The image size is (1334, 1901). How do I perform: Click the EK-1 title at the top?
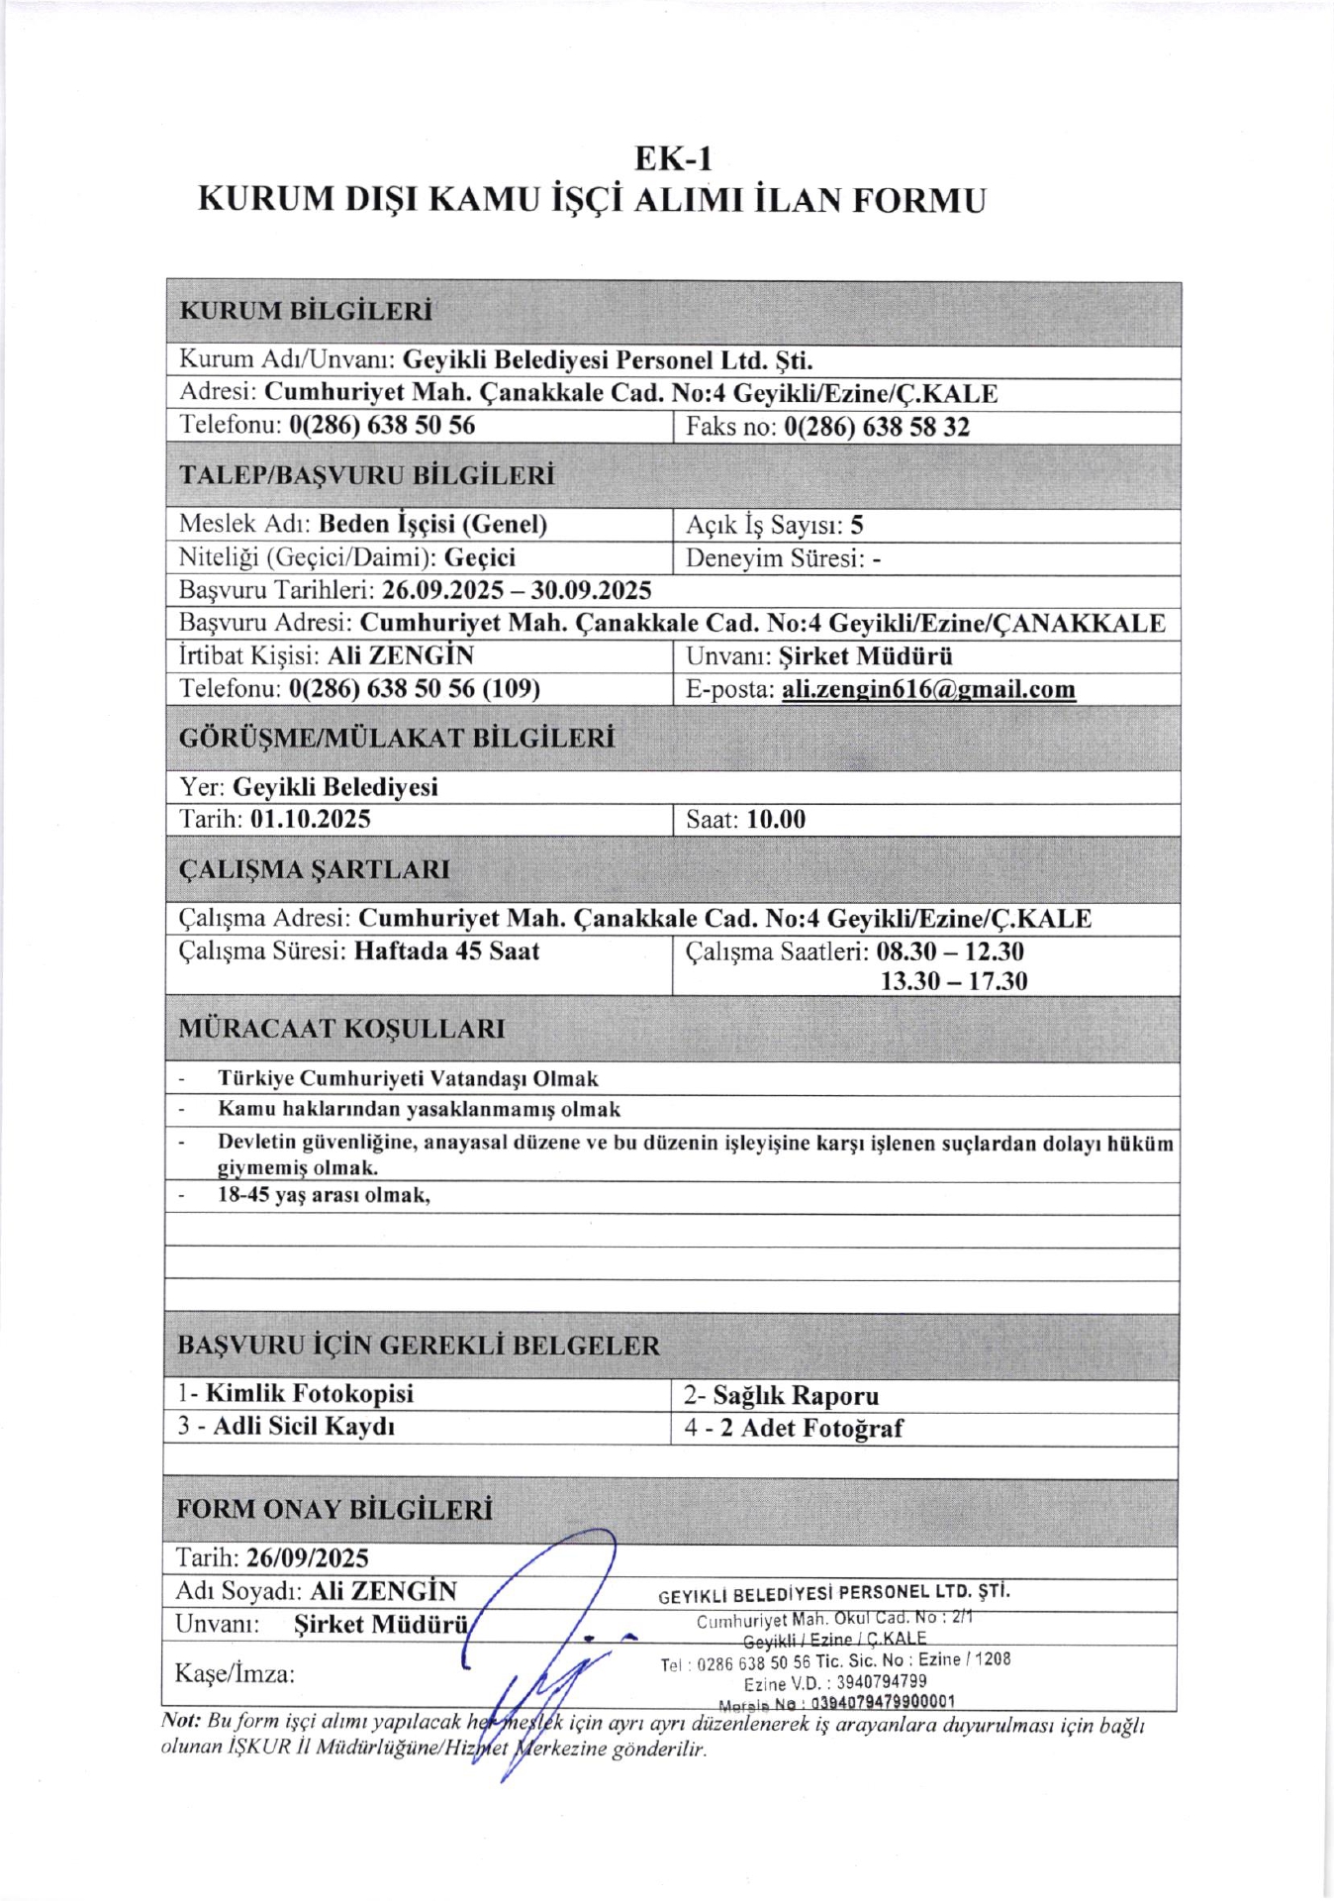click(x=673, y=158)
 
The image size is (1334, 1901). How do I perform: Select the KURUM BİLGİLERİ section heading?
click(x=306, y=311)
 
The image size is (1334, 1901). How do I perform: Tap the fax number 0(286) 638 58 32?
click(x=876, y=427)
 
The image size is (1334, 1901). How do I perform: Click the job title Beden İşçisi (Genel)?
click(x=432, y=524)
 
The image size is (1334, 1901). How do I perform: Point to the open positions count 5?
click(x=857, y=525)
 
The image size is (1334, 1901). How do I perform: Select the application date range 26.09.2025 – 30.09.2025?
click(x=517, y=591)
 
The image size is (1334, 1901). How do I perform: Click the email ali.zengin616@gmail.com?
click(x=928, y=689)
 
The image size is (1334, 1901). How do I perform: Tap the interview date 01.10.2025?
click(x=311, y=819)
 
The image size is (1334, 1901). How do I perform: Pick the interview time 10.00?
click(x=776, y=820)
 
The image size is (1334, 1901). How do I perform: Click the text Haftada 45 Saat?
click(x=446, y=951)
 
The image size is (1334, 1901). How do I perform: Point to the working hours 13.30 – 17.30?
click(x=954, y=981)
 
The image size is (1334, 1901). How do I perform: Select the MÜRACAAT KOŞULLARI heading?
click(x=341, y=1029)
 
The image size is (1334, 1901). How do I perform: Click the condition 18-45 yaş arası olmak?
click(x=324, y=1195)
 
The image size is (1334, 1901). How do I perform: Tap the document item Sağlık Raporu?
click(x=796, y=1396)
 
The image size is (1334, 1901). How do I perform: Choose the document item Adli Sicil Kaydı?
click(x=304, y=1427)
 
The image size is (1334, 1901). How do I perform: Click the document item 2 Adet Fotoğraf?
click(x=811, y=1429)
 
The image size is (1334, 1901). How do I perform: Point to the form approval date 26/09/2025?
click(x=308, y=1558)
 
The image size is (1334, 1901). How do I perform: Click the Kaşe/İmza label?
click(x=235, y=1674)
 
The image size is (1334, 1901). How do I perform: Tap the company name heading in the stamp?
click(x=834, y=1593)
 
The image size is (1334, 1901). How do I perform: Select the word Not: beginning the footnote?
click(x=181, y=1722)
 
